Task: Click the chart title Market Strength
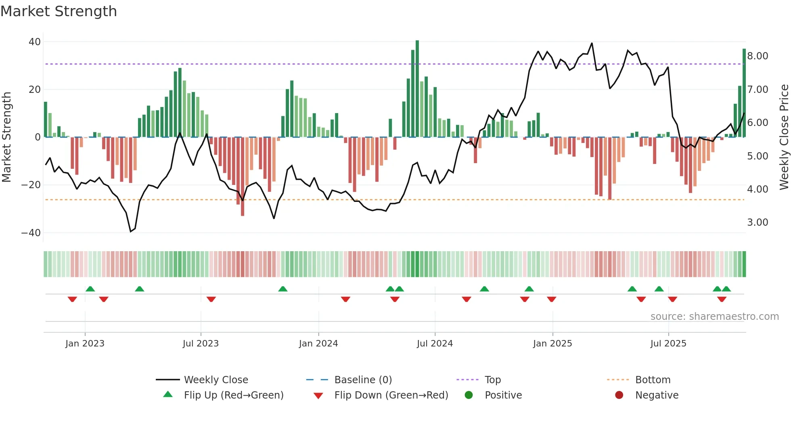(x=59, y=11)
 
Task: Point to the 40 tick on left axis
(x=35, y=42)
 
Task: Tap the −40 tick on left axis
(x=31, y=233)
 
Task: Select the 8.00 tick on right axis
(x=758, y=56)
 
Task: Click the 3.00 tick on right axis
(x=758, y=222)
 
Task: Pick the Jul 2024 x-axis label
(x=435, y=344)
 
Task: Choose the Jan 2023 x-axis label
(x=85, y=344)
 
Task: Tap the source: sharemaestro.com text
(x=714, y=317)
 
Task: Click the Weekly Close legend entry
(x=216, y=380)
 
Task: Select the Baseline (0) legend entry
(x=363, y=380)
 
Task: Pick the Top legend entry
(x=492, y=380)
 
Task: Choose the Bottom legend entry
(x=653, y=380)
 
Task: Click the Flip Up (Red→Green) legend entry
(x=233, y=395)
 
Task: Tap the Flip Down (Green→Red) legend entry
(x=391, y=395)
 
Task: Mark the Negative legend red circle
(x=619, y=395)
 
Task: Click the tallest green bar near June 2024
(x=417, y=89)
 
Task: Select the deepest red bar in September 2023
(x=243, y=176)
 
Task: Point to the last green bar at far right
(x=744, y=93)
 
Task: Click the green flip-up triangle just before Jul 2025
(x=659, y=289)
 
